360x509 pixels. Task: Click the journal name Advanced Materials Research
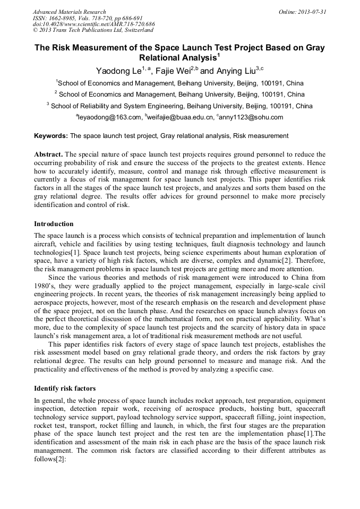click(x=69, y=12)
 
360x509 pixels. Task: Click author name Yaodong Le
click(x=118, y=70)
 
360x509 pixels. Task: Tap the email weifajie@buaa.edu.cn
click(x=181, y=117)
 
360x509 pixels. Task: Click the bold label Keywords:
click(x=51, y=136)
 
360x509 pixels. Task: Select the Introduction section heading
click(x=54, y=223)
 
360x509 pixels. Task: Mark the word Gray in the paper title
click(x=314, y=47)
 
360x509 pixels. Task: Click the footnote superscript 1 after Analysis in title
click(x=219, y=55)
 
